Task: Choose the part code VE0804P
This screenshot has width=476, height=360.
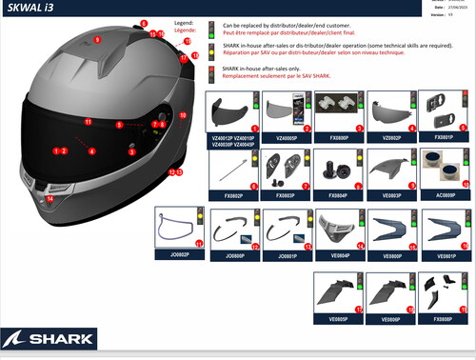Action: pos(340,255)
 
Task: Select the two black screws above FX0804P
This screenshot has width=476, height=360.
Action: pos(337,171)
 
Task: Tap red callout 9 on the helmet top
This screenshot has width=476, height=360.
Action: pos(96,39)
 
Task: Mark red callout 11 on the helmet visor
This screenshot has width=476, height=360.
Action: pos(88,122)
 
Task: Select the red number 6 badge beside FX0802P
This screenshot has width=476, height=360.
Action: pos(255,187)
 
